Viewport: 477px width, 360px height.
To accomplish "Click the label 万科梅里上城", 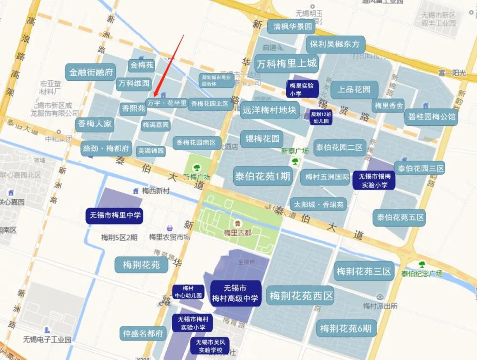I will click(x=287, y=63).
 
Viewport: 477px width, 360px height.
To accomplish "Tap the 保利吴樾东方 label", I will click(x=335, y=44).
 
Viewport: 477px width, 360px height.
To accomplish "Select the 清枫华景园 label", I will click(x=292, y=27).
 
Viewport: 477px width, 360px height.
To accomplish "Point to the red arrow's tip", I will click(x=154, y=95).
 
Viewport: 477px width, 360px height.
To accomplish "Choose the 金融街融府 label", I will click(x=91, y=72).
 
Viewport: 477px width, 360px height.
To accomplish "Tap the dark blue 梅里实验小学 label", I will click(x=302, y=89).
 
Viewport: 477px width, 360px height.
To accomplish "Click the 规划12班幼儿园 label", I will click(x=321, y=117).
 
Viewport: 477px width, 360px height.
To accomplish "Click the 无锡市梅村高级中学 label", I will click(x=235, y=293).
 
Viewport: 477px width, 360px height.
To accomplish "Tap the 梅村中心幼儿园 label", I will click(x=188, y=292).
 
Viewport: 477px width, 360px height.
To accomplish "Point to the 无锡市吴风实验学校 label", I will click(x=210, y=346).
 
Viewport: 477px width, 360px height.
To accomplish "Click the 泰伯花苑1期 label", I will click(x=262, y=176).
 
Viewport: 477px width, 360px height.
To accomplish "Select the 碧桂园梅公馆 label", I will click(x=431, y=117).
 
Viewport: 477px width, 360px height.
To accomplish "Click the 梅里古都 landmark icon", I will click(x=238, y=224).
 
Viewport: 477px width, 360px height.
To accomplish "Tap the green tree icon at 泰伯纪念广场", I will click(x=422, y=265).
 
